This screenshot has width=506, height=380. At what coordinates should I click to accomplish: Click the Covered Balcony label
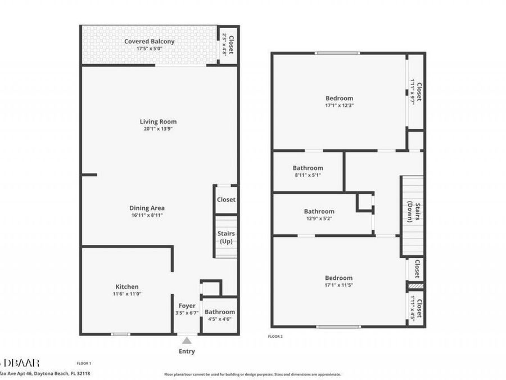pyautogui.click(x=149, y=41)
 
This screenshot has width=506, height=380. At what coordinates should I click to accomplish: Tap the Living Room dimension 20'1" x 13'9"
pyautogui.click(x=158, y=129)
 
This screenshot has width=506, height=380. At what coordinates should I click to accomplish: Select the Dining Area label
pyautogui.click(x=147, y=208)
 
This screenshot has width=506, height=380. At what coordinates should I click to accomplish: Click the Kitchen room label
pyautogui.click(x=127, y=287)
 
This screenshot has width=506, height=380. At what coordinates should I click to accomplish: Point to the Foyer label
pyautogui.click(x=187, y=306)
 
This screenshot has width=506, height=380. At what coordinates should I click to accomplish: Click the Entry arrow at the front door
pyautogui.click(x=187, y=339)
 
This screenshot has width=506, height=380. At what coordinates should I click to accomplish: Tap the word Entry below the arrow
pyautogui.click(x=187, y=351)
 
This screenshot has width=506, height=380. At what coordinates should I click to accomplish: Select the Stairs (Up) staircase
pyautogui.click(x=226, y=237)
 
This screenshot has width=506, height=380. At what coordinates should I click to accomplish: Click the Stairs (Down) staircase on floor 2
pyautogui.click(x=412, y=216)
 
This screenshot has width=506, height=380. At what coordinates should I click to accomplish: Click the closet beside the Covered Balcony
pyautogui.click(x=228, y=44)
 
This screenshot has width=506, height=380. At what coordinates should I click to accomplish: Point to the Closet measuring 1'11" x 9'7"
pyautogui.click(x=415, y=90)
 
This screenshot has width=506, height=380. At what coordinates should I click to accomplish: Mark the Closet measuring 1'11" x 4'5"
pyautogui.click(x=415, y=308)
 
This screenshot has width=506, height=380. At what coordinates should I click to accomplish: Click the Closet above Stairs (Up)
pyautogui.click(x=226, y=199)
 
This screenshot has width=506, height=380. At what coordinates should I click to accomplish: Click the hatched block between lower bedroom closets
pyautogui.click(x=415, y=287)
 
